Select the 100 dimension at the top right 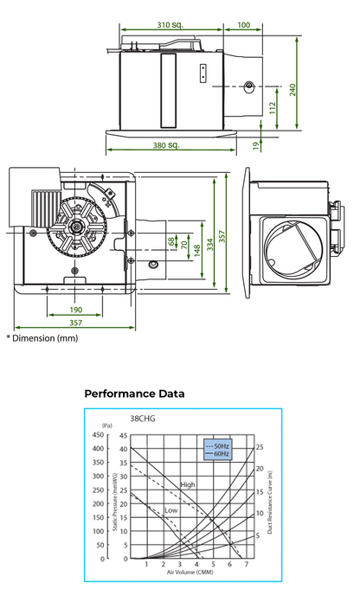click(x=243, y=26)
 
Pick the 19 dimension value click(x=257, y=146)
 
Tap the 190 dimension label click(x=75, y=310)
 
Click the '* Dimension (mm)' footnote click(x=42, y=337)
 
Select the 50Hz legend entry click(x=220, y=445)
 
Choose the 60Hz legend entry click(x=220, y=453)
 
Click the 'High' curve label click(x=188, y=484)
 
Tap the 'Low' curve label click(x=171, y=511)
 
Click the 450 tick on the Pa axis click(x=107, y=436)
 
